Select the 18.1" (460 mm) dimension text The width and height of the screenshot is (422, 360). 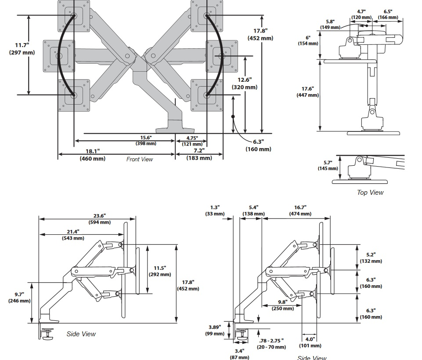coord(92,155)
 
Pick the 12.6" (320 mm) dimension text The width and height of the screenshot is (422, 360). coord(245,83)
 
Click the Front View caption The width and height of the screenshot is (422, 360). coord(140,159)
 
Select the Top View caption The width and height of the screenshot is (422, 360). coord(370,192)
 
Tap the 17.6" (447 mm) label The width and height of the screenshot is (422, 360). coord(307,92)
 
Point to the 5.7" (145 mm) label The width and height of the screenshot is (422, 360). coord(328,165)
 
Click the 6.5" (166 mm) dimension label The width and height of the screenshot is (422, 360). coord(388,15)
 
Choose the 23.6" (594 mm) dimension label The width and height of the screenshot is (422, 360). coord(99,219)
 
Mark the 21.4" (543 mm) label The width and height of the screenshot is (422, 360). coord(73,235)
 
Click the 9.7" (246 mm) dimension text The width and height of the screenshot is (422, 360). coord(19,298)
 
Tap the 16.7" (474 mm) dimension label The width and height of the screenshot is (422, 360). coord(300,211)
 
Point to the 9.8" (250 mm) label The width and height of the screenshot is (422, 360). coord(282,305)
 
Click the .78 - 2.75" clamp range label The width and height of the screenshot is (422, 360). coord(271,343)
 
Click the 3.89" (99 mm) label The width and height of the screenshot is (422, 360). coord(215,330)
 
